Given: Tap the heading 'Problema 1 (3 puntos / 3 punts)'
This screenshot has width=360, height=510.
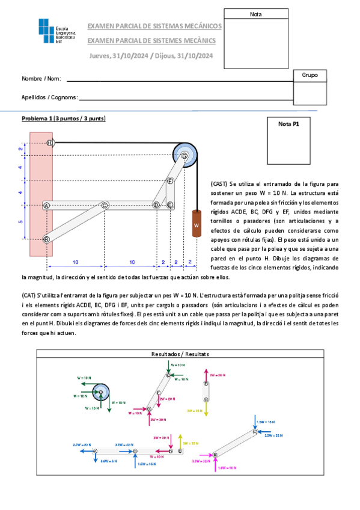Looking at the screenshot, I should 64,118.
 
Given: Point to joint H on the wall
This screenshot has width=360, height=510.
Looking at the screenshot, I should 50,143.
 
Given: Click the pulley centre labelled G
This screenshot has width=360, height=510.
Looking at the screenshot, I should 185,156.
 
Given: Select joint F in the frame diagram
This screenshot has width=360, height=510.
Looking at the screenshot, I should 170,180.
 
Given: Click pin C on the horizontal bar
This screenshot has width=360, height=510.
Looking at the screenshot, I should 105,205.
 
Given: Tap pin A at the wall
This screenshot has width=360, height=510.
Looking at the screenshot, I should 46,205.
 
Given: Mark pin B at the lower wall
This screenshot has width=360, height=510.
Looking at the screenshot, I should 46,239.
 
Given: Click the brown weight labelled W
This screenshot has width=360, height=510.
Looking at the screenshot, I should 196,224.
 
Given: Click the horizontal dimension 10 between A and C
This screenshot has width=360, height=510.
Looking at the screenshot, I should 75,262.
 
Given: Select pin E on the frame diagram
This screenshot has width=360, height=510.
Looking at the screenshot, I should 170,205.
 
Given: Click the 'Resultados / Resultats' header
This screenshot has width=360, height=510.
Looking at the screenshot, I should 180,355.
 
